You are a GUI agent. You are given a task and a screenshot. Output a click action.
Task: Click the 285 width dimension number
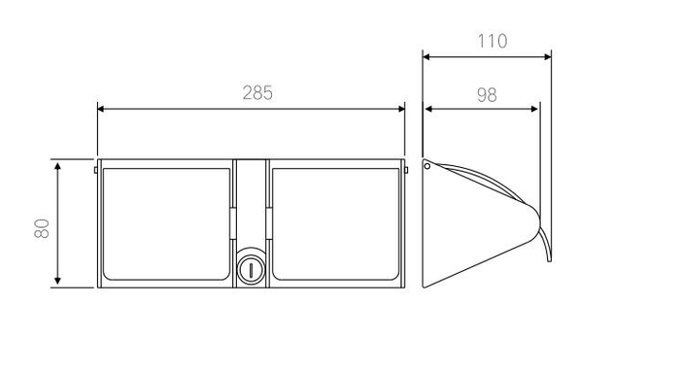click(x=257, y=93)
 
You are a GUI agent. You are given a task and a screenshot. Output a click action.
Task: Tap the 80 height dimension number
click(x=42, y=228)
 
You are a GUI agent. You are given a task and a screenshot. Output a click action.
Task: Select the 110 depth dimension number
click(x=493, y=41)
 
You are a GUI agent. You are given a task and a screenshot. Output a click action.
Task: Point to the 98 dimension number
click(x=487, y=95)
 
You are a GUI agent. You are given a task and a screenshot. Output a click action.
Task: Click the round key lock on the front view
click(x=251, y=270)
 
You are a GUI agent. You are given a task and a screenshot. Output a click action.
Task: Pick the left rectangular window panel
click(x=166, y=224)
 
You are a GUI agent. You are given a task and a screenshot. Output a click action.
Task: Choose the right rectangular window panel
click(x=335, y=224)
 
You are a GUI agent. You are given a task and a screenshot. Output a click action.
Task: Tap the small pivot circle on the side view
click(x=427, y=166)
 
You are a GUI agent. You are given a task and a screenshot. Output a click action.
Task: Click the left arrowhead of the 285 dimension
click(x=101, y=109)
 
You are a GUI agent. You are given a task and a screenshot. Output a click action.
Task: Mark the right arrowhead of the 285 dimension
click(x=401, y=109)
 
